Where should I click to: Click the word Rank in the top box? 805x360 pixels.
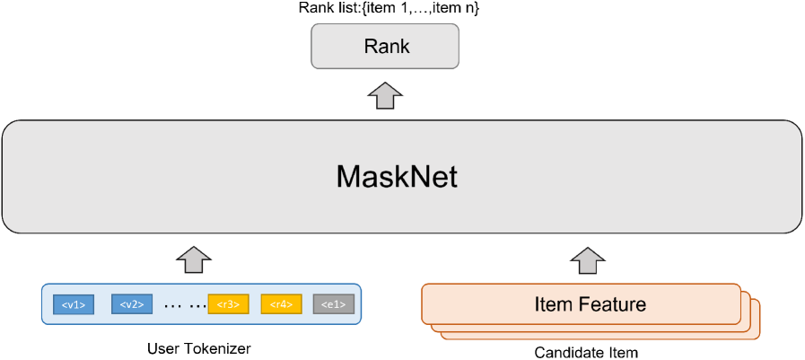click(386, 47)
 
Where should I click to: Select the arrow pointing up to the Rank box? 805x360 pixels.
click(386, 94)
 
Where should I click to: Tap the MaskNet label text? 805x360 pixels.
click(396, 177)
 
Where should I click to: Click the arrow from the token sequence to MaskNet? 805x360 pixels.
click(194, 259)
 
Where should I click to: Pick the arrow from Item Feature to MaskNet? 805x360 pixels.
click(588, 259)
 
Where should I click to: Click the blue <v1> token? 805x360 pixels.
click(74, 304)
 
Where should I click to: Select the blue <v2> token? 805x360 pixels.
click(132, 304)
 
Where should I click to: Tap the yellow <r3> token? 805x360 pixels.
click(228, 304)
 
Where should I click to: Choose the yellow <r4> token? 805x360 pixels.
click(281, 304)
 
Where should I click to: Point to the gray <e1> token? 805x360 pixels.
click(334, 304)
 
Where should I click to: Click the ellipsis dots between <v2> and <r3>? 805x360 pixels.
click(185, 305)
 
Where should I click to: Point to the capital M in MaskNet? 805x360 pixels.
click(348, 177)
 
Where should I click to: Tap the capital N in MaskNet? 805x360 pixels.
click(417, 177)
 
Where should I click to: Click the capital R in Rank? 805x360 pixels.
click(369, 47)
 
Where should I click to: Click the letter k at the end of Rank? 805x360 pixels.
click(405, 47)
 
